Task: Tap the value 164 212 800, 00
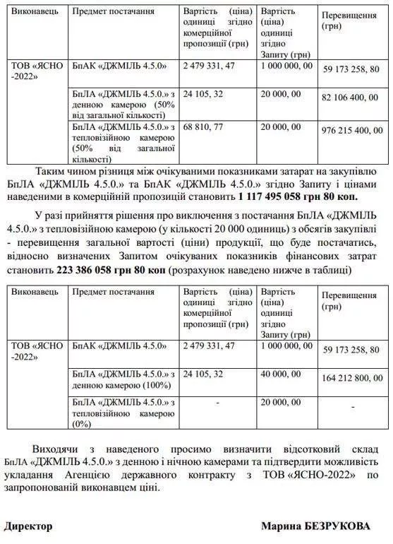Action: (x=353, y=379)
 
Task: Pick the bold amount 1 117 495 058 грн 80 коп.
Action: (x=298, y=196)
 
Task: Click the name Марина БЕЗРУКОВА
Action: (x=324, y=526)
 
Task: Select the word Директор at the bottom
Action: (x=29, y=526)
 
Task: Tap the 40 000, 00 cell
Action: (x=282, y=373)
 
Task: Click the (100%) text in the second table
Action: (x=155, y=385)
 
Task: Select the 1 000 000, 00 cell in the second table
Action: (x=286, y=345)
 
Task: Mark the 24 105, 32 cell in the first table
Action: (x=203, y=93)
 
